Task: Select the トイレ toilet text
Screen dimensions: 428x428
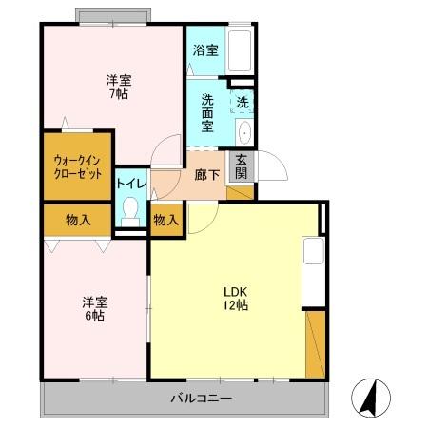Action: coord(130,182)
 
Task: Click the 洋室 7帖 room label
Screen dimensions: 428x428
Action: coord(118,87)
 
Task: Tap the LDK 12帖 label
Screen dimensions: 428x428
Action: coord(235,300)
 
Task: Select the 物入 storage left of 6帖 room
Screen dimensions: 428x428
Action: coord(78,220)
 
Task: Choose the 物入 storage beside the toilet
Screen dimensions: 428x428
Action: coord(165,220)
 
